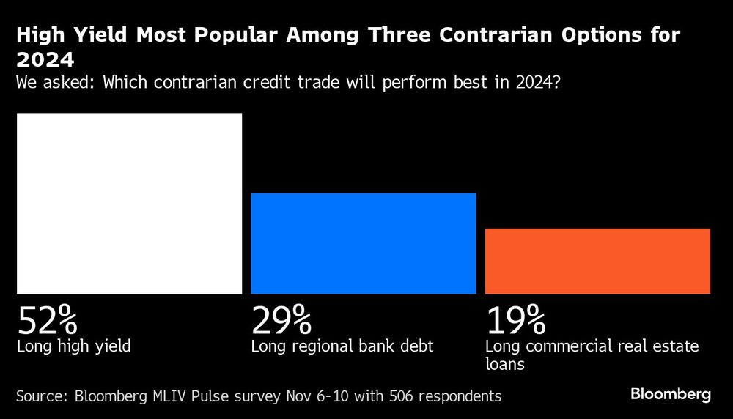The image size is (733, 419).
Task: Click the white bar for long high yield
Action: [x=129, y=203]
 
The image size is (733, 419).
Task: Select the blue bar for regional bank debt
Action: [x=364, y=243]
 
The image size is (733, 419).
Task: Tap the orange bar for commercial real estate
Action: [x=597, y=261]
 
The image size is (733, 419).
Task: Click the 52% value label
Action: [x=47, y=320]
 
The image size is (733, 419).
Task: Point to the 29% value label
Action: [x=281, y=320]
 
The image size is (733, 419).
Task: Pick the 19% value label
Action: [x=515, y=320]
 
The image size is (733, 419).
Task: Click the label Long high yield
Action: [x=73, y=346]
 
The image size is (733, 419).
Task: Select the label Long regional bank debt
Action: [x=342, y=346]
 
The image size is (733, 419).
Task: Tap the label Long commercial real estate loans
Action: [x=592, y=354]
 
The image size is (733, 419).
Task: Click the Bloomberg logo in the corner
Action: [x=670, y=395]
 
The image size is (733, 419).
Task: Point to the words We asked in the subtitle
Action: [x=55, y=81]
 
